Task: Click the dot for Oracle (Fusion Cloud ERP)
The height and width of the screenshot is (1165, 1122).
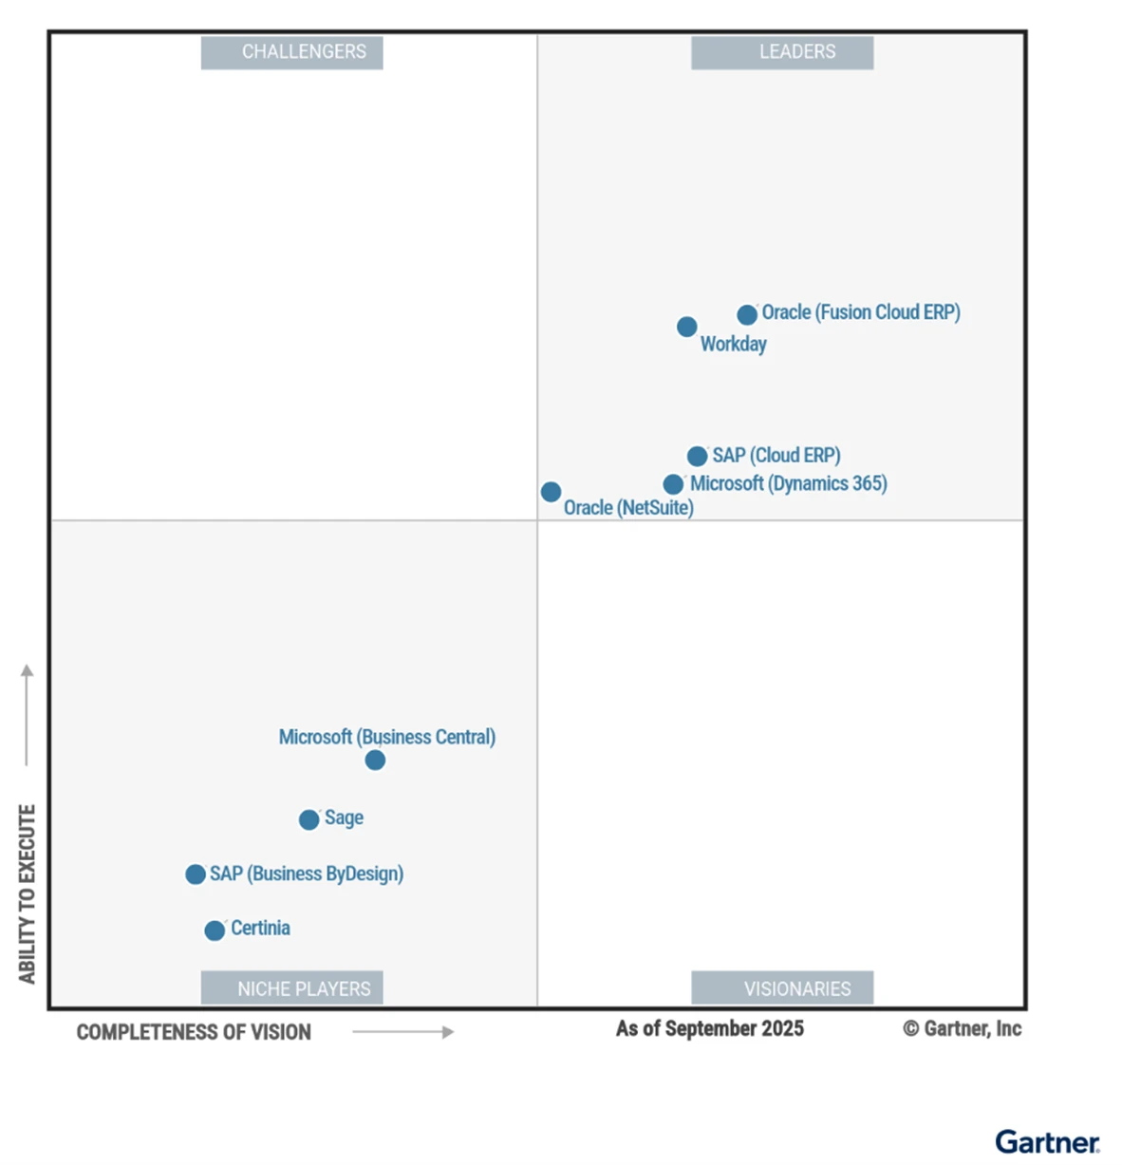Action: tap(747, 314)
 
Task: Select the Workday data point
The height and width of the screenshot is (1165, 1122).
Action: tap(687, 327)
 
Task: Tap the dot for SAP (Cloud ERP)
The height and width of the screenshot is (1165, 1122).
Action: tap(697, 457)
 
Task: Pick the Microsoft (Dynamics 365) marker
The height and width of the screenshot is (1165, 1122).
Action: tap(673, 484)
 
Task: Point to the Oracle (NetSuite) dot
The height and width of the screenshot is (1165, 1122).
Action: tap(551, 492)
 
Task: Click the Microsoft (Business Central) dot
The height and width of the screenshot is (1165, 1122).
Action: tap(375, 761)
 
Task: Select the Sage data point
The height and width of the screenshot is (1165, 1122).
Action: tap(309, 819)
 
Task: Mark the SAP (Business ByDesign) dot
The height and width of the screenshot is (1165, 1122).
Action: tap(196, 874)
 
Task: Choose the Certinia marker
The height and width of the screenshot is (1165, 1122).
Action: tap(215, 930)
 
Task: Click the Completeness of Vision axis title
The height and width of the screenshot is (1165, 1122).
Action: tap(194, 1032)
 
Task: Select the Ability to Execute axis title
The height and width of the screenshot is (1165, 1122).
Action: tap(27, 893)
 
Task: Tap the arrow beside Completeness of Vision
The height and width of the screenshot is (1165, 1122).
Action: tap(402, 1032)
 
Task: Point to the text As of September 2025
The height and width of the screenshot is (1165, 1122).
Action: tap(709, 1028)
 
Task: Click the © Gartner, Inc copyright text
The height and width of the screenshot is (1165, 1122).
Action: tap(962, 1028)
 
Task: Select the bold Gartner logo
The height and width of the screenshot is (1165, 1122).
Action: tap(1047, 1141)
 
